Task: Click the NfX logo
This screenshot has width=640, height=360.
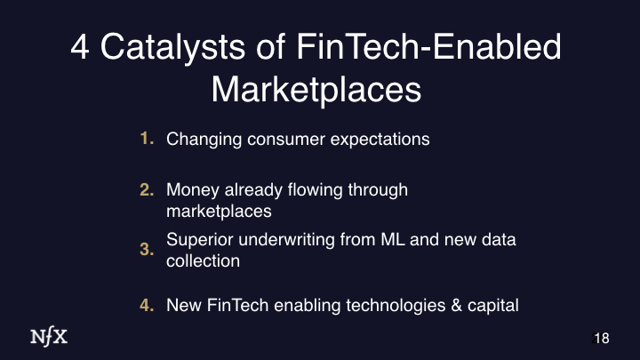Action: [49, 337]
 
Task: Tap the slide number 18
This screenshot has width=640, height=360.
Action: [601, 339]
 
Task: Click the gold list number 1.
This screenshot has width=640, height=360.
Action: [147, 139]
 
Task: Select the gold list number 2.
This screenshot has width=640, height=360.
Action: [147, 190]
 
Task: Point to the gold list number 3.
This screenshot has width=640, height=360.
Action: [147, 250]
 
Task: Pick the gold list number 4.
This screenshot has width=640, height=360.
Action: [147, 305]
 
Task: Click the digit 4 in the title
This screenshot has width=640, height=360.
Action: [80, 47]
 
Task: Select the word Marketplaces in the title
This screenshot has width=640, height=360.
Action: [316, 91]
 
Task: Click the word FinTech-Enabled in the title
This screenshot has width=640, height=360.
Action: [429, 47]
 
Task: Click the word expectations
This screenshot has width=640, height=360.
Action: [380, 140]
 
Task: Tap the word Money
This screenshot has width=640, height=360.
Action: [193, 190]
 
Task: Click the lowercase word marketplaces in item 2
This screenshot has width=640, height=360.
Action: [220, 212]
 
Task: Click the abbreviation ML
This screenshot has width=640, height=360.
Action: [393, 240]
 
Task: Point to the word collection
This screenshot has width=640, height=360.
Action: [204, 260]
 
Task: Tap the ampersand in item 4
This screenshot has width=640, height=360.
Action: [456, 305]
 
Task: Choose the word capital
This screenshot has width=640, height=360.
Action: [493, 306]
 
